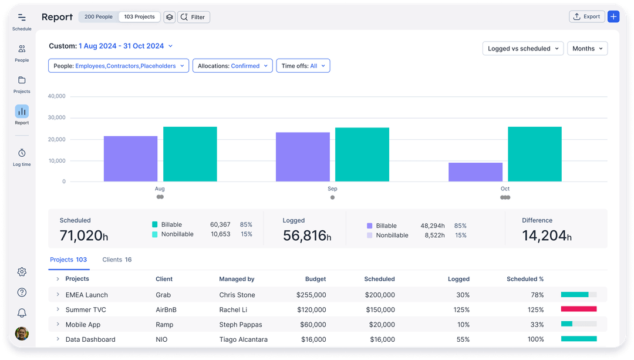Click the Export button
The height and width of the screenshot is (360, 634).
[586, 17]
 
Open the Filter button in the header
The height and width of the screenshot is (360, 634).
[193, 17]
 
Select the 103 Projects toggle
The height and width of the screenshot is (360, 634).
[139, 17]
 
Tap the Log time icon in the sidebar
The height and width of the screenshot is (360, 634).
[22, 154]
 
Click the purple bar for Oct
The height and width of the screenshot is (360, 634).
[475, 172]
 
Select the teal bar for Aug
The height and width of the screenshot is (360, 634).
[190, 154]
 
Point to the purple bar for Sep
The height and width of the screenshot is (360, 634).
[303, 157]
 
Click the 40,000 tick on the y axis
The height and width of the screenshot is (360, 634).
[56, 96]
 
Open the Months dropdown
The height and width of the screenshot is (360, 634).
[587, 49]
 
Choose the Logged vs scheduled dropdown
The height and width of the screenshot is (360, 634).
[522, 49]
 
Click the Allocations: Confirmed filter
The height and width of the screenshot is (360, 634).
[232, 66]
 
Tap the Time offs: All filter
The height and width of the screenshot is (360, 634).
[303, 66]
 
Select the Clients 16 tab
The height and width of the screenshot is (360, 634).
[117, 260]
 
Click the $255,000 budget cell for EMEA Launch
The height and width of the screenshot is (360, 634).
[311, 295]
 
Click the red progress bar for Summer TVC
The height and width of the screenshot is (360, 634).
[579, 309]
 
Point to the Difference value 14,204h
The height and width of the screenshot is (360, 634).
[546, 235]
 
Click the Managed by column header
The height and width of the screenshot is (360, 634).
[237, 279]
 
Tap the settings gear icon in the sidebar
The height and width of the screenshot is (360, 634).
[22, 272]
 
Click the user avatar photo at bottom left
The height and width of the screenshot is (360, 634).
[22, 334]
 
